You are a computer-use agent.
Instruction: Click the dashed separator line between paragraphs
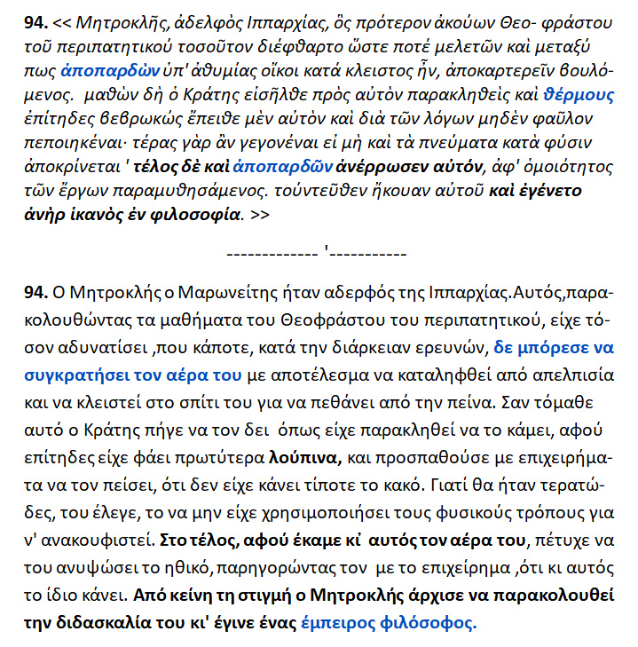coord(319,253)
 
